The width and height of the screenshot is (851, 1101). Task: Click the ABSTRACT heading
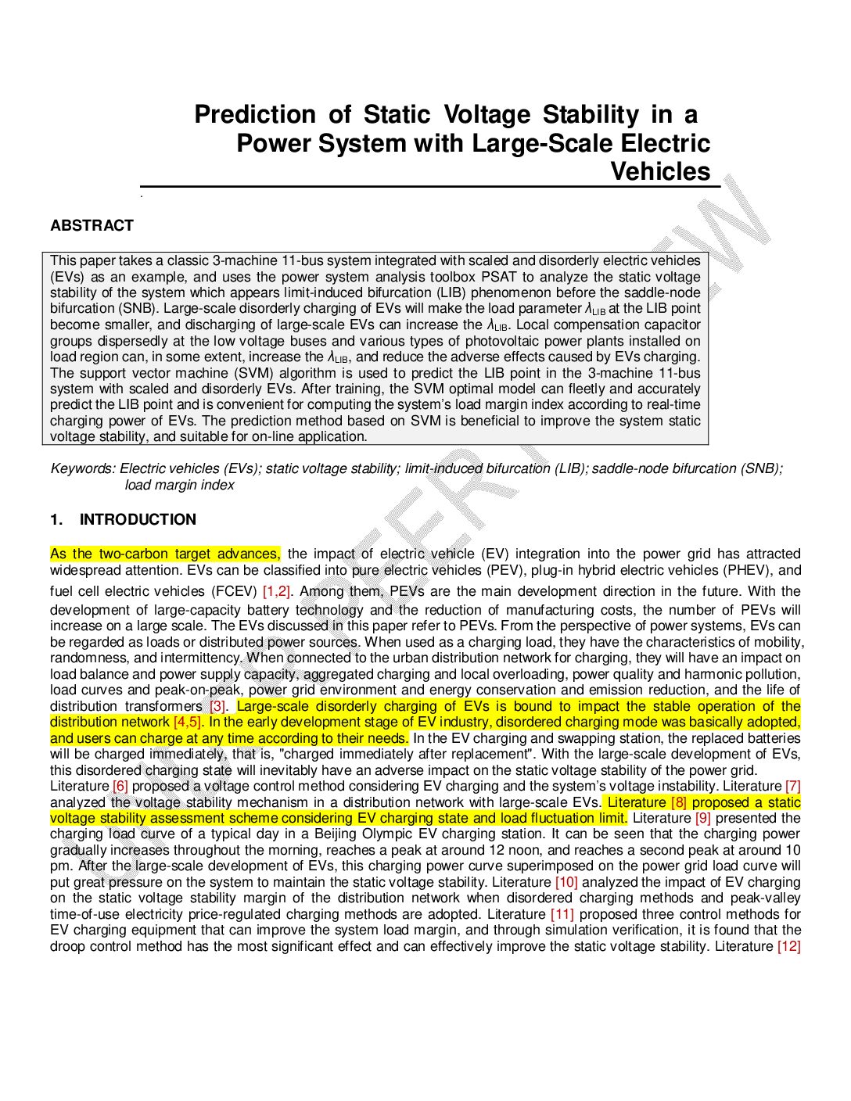coord(92,226)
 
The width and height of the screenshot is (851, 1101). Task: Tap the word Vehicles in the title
coord(660,172)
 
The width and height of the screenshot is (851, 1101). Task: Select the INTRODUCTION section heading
coord(138,520)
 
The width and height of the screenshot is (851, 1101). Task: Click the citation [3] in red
coord(217,706)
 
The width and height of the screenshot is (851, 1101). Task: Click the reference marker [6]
coord(120,786)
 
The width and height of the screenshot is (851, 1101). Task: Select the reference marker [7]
coord(792,786)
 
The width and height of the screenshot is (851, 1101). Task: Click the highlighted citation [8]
coord(678,802)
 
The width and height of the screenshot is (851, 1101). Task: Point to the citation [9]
coord(703,818)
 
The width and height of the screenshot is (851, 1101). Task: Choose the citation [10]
coord(566,882)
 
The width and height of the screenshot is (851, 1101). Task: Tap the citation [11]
coord(562,914)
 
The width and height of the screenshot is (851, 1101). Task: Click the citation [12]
coord(788,946)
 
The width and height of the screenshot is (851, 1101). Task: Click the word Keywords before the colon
coord(82,468)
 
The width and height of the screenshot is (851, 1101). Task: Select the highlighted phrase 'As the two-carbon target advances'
coord(164,554)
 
